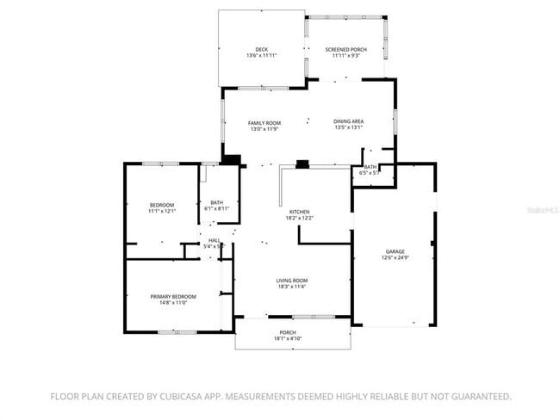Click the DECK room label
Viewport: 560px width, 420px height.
click(x=261, y=50)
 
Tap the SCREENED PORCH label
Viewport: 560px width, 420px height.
click(x=345, y=50)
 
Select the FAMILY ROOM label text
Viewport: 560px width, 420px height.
click(x=264, y=123)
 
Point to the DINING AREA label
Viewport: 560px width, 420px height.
click(x=348, y=122)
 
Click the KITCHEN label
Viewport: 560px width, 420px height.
click(x=299, y=212)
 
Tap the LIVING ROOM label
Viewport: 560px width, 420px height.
click(x=291, y=281)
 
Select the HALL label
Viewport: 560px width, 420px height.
click(x=214, y=241)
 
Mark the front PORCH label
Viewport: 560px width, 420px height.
click(x=288, y=332)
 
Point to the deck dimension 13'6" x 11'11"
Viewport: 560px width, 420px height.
click(x=261, y=56)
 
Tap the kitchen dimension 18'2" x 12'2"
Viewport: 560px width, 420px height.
click(x=299, y=218)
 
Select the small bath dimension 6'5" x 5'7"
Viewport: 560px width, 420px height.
click(x=370, y=173)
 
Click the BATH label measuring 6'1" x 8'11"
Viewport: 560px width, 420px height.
click(x=216, y=203)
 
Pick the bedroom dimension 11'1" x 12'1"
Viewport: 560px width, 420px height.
click(x=162, y=211)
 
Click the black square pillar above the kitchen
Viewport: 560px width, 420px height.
click(x=302, y=164)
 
